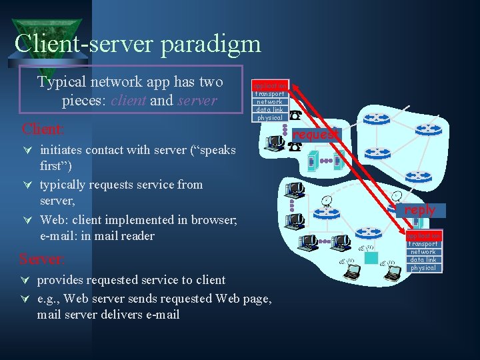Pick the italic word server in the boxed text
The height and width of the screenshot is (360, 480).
coord(197,101)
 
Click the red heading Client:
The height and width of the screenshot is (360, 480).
coord(43,129)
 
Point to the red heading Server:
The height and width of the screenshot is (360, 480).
coord(42,259)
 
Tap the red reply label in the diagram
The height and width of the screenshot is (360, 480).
coord(419,209)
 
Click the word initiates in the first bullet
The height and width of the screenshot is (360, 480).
coord(65,150)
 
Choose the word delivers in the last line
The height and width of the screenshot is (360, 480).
coord(123,314)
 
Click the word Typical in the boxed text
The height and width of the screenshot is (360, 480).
coord(59,83)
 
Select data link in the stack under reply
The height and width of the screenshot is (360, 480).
coord(423,260)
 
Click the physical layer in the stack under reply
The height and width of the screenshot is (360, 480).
coord(423,268)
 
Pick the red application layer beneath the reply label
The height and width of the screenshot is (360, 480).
coord(423,236)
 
